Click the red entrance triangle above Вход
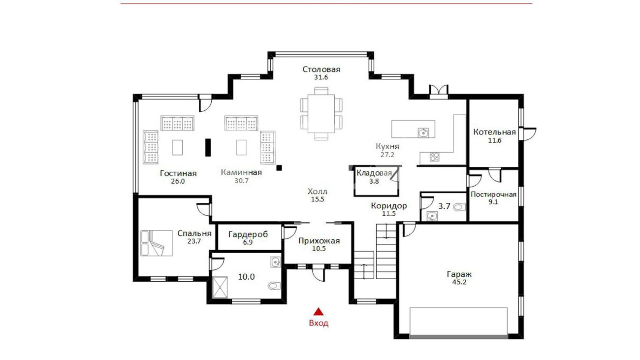tap(319, 312)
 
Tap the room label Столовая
tap(321, 69)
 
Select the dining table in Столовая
tap(321, 114)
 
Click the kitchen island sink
tap(423, 132)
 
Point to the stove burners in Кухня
tap(435, 157)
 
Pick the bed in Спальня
tap(157, 243)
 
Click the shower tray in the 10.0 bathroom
tap(220, 287)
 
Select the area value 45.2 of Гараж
tap(459, 282)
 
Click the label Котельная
tap(495, 132)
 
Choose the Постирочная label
tap(493, 195)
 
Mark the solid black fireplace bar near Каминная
tap(208, 147)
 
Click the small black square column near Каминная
tap(279, 168)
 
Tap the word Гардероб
tap(248, 234)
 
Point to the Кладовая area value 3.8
tap(374, 181)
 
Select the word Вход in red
tap(319, 323)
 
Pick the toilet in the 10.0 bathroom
tap(274, 286)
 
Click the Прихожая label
tap(319, 241)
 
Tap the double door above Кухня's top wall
tap(439, 92)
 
